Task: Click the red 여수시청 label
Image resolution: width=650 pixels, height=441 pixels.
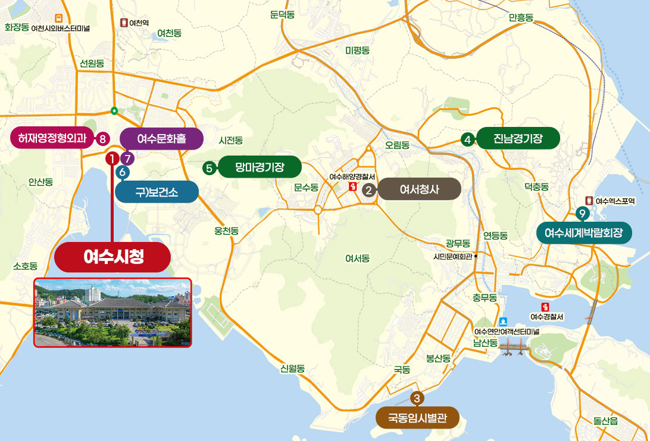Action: pos(113,257)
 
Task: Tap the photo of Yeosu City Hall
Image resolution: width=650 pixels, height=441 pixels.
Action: pos(112,313)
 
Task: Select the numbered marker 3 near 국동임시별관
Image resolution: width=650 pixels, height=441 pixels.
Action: pos(417,398)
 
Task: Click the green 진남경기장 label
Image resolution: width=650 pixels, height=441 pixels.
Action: pos(518,138)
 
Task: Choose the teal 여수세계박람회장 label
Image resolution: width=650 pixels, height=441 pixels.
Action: pos(583,232)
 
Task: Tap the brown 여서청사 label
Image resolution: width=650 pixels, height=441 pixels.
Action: pos(419,190)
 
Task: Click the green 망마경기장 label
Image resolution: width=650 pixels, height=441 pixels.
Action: pos(260,168)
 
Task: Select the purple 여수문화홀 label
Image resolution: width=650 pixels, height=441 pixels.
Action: pos(161,139)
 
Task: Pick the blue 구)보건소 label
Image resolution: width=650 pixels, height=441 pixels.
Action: pos(156,192)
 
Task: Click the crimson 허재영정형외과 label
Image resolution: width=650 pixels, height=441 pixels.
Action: pos(52,139)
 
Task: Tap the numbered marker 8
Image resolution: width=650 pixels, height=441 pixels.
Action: pos(102,139)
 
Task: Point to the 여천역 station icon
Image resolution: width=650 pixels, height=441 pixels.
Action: pos(124,23)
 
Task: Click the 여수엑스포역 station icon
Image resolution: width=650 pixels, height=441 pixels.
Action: pos(589,201)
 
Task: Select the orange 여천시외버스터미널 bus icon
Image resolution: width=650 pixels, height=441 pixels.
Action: pos(58,18)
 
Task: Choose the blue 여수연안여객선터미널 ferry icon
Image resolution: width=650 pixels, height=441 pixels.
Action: pos(505,321)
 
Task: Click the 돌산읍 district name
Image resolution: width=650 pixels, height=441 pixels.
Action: pos(605,420)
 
